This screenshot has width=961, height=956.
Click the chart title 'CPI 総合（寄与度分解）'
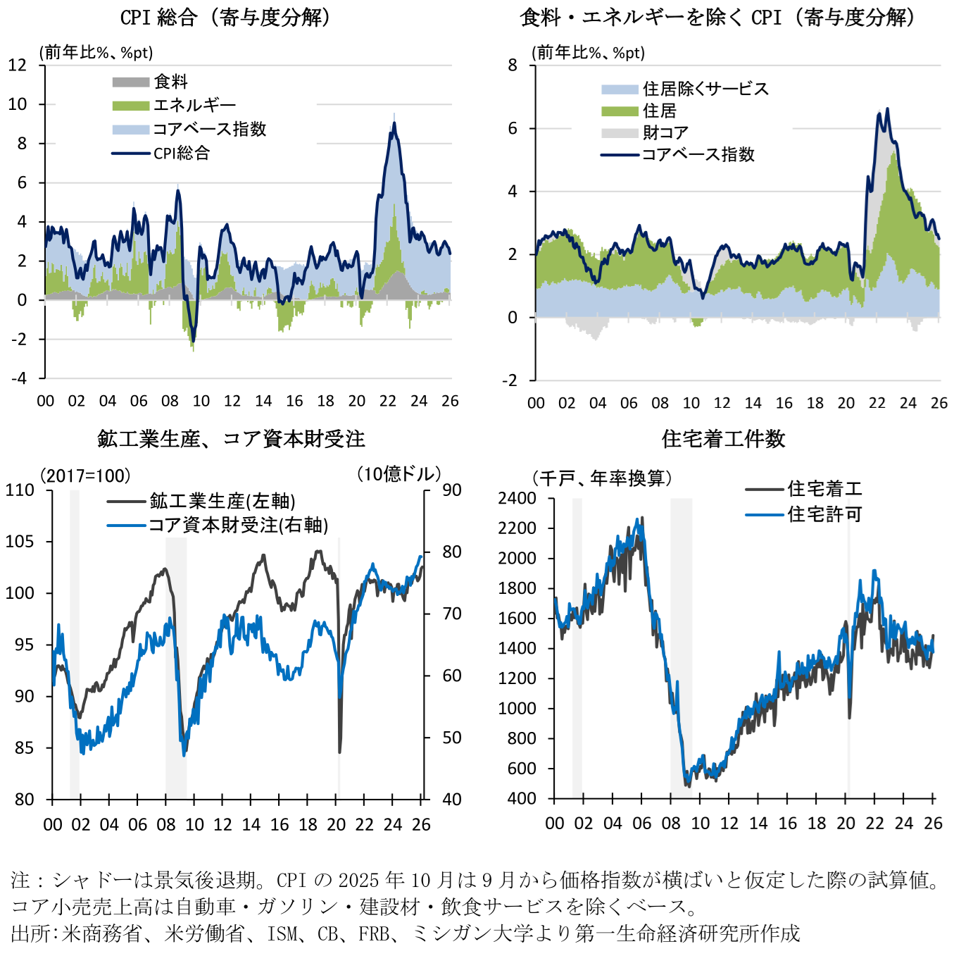pos(225,17)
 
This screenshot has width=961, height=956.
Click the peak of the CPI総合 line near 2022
pos(394,124)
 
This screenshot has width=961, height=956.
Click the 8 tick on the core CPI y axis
pos(513,66)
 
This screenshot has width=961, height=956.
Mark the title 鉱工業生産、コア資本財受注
pos(231,439)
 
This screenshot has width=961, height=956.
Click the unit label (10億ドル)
pos(398,474)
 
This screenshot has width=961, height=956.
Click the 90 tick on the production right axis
pos(451,490)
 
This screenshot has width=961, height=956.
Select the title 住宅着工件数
pos(723,439)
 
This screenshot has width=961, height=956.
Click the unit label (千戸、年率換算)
pos(603,478)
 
